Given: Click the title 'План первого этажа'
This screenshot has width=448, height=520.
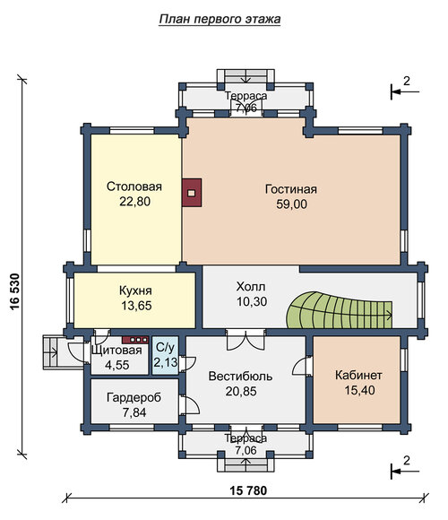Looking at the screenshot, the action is (x=220, y=19).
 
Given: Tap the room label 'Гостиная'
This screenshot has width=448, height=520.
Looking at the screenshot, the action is (x=291, y=189).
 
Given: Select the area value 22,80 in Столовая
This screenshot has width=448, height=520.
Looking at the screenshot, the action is (x=135, y=202).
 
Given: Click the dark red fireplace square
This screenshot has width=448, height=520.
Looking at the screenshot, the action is (x=192, y=193).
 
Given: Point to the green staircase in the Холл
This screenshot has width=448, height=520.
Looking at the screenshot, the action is (x=339, y=309).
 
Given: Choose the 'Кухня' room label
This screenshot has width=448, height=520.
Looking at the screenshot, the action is (x=135, y=290).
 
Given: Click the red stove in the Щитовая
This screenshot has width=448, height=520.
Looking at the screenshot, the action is (x=135, y=340).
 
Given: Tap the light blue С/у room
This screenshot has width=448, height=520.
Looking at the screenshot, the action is (x=165, y=356).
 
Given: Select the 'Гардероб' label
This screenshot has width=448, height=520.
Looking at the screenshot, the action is (x=134, y=397).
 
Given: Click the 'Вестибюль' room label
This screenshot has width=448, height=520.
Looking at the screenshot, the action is (x=240, y=377).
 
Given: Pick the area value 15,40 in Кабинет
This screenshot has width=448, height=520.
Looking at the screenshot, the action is (x=359, y=390).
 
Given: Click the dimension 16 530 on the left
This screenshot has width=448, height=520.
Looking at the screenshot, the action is (x=14, y=292).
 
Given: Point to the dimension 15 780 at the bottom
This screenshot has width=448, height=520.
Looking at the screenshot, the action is (x=248, y=490).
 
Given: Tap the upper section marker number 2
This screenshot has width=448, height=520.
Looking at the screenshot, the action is (x=406, y=81).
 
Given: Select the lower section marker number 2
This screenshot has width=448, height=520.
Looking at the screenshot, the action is (x=406, y=460).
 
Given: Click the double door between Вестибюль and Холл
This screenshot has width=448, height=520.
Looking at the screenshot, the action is (x=246, y=340).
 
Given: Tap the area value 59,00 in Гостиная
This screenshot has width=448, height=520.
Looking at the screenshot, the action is (x=291, y=204).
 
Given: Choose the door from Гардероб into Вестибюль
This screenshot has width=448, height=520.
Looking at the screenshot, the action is (x=190, y=404).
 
